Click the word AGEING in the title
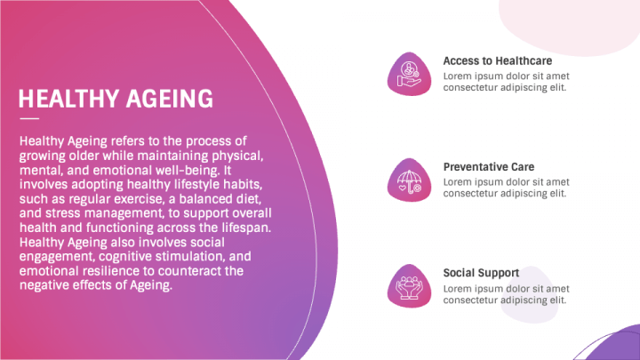[170, 98]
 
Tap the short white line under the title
[29, 118]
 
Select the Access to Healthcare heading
[498, 61]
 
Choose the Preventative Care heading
[489, 167]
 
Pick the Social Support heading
[482, 273]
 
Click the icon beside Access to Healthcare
[409, 73]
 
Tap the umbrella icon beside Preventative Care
[409, 180]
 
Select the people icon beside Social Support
[409, 285]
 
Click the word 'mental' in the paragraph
[38, 168]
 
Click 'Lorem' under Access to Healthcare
[459, 76]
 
